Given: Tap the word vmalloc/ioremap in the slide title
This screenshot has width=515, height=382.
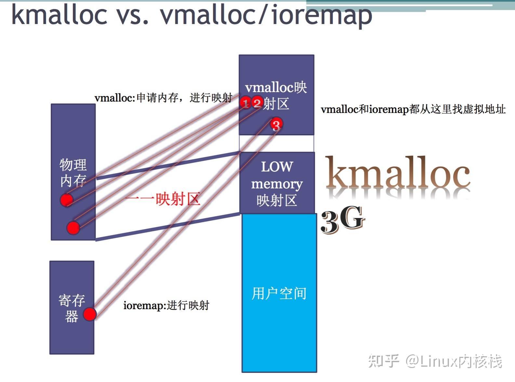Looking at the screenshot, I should [266, 15].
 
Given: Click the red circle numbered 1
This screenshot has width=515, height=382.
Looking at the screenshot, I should [246, 103].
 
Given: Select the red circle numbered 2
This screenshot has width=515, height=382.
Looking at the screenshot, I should [257, 103].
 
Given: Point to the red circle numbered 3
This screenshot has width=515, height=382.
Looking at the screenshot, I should [276, 125].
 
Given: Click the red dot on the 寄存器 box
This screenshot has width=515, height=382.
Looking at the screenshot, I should [89, 314].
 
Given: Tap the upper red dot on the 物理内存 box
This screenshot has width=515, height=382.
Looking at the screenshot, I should [66, 199].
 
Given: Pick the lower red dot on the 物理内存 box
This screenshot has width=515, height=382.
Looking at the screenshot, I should [73, 228].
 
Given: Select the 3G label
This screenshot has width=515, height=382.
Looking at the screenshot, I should [343, 220].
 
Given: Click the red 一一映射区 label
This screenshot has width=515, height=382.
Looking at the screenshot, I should [162, 199].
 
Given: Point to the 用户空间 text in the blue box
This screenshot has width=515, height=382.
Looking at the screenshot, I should [279, 293].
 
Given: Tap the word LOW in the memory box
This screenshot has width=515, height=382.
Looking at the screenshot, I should [277, 167].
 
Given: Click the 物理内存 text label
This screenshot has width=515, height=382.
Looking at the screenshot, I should [73, 173].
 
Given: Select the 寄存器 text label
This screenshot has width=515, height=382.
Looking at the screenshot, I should [72, 308].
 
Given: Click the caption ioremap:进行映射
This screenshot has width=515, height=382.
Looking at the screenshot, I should [166, 306].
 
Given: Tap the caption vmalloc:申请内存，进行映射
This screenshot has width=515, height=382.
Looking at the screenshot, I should [163, 98].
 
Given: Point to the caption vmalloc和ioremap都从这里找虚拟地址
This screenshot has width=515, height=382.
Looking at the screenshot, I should [413, 109].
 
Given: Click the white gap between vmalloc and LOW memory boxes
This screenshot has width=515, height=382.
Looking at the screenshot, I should [276, 143].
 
